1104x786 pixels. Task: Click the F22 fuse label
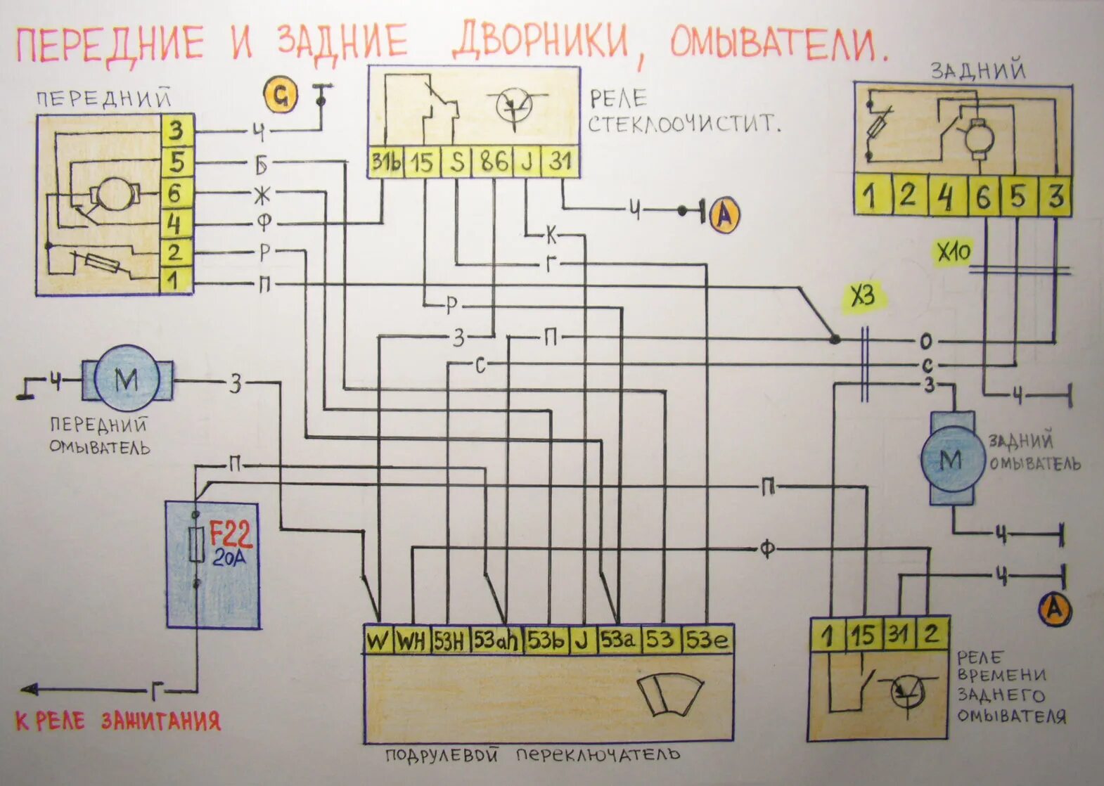pos(231,536)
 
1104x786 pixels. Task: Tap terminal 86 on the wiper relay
pos(494,162)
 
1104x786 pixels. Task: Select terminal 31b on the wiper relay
pos(386,162)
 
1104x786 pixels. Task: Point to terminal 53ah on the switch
pos(496,640)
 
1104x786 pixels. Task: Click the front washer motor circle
pos(127,380)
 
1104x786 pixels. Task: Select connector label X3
pos(864,297)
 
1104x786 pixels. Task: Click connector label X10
pos(953,252)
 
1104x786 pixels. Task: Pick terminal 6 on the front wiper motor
pos(176,193)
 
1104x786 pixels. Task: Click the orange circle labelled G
pos(281,97)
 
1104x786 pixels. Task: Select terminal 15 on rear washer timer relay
pos(863,635)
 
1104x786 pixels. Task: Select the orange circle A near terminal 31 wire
pos(724,214)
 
